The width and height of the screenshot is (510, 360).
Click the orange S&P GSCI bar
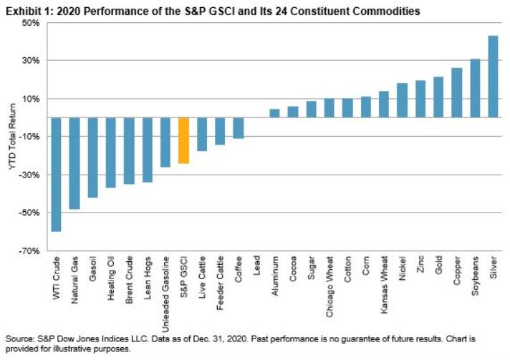pos(183,140)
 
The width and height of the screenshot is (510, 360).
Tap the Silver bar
pos(493,77)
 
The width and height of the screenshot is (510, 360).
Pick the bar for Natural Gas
pos(74,163)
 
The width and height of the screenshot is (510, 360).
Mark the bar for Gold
pos(438,97)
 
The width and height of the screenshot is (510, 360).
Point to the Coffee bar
pos(239,127)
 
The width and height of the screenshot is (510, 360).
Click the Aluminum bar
pos(274,113)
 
